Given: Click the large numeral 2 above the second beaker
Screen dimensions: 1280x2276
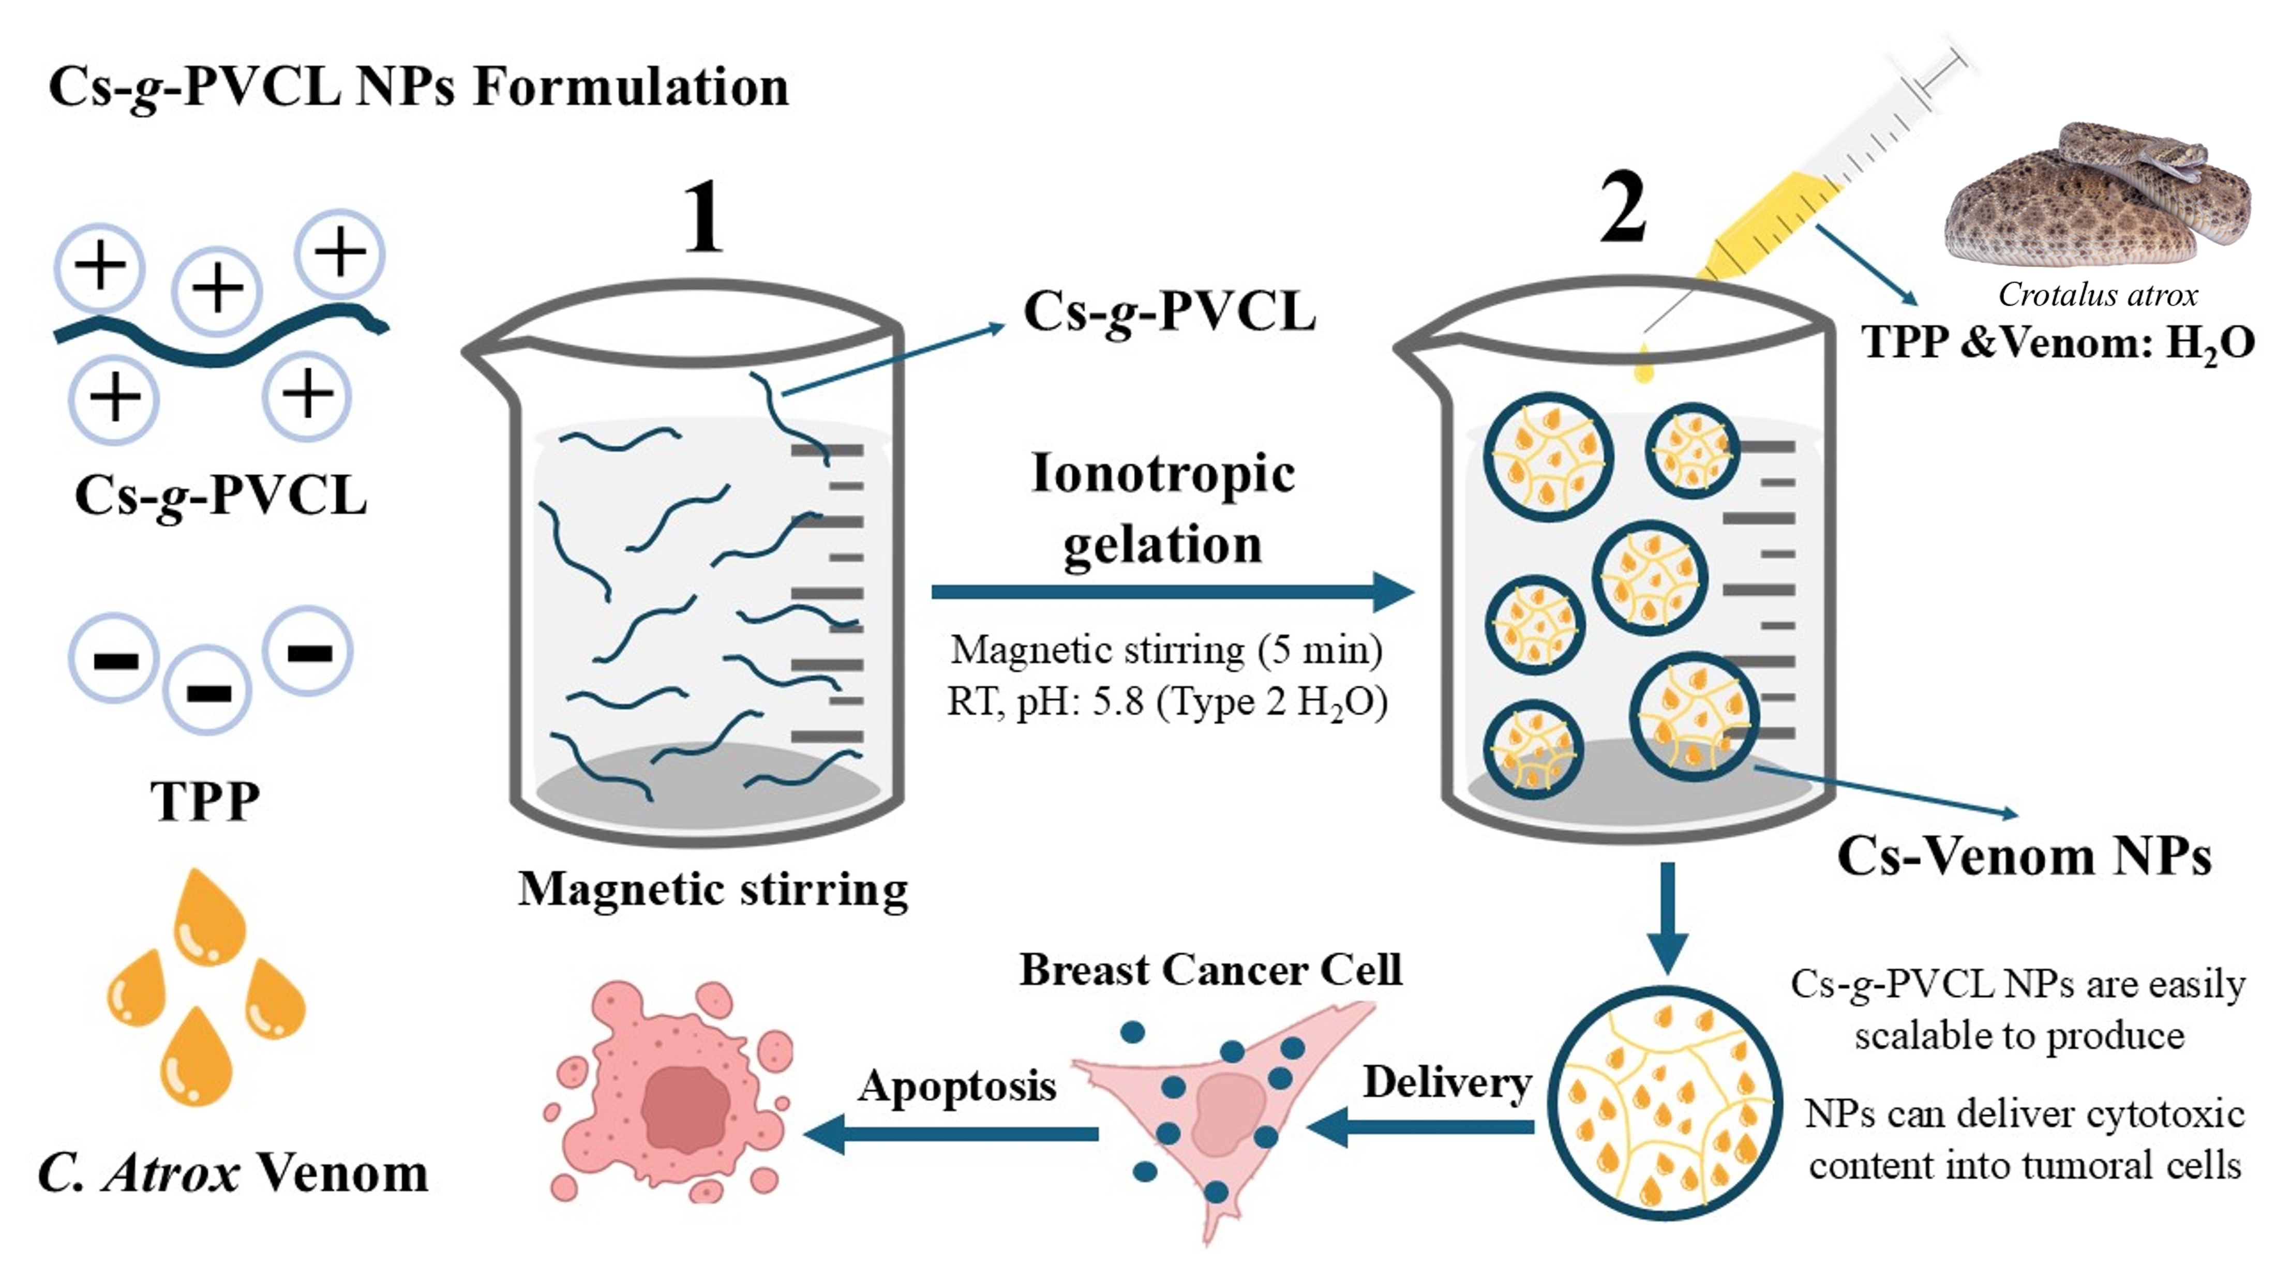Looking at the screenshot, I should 1624,207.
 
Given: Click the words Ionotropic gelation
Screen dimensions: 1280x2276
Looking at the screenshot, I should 1163,508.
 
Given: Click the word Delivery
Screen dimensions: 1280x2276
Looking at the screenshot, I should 1446,1082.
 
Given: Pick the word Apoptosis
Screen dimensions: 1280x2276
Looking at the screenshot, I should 957,1085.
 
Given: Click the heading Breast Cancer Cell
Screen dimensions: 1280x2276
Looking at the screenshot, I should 1210,969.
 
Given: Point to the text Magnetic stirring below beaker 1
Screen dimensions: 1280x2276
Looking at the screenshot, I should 713,889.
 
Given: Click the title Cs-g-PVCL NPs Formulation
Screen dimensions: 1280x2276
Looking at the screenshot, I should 418,86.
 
